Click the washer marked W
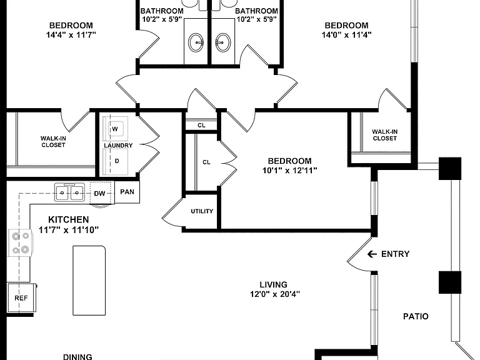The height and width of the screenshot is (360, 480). (116, 129)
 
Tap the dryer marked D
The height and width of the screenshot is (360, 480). (116, 161)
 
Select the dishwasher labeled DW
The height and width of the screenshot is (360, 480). (100, 193)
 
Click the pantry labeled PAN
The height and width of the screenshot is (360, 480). (127, 192)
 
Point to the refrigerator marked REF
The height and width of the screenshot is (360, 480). (21, 298)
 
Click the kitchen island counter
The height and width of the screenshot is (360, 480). (89, 281)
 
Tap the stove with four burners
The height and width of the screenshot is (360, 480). (19, 243)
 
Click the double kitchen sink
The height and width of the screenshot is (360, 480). (69, 192)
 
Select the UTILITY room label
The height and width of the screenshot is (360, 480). (202, 211)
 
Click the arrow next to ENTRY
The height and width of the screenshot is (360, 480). (372, 254)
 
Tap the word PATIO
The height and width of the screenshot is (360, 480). (416, 316)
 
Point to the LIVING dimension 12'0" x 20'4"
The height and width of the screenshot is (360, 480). (275, 294)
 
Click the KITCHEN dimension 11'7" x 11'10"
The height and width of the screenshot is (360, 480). (69, 229)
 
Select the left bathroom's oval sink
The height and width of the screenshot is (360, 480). (196, 42)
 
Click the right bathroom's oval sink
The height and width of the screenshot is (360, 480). (223, 42)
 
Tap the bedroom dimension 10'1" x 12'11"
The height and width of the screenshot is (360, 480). (289, 170)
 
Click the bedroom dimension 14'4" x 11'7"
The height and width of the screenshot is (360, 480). (71, 34)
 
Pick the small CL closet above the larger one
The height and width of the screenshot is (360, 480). (201, 125)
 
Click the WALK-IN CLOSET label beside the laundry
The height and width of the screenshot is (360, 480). (53, 142)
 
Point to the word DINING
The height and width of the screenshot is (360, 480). (77, 357)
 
